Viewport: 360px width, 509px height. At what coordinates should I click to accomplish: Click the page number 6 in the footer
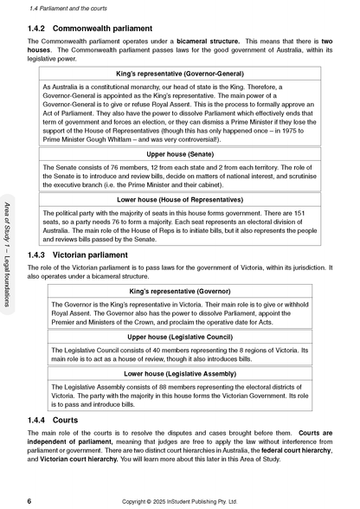(x=30, y=500)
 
